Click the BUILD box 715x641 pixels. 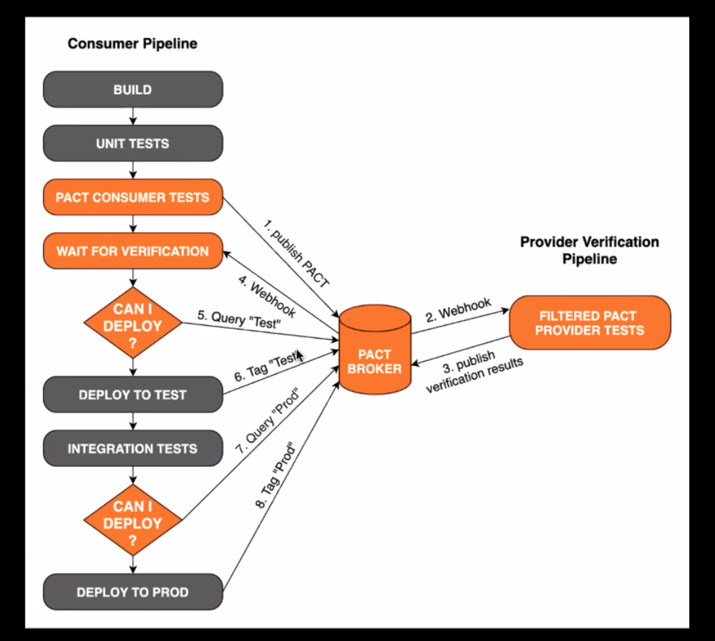point(132,90)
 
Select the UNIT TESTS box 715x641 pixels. point(132,143)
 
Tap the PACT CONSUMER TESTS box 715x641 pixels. point(132,197)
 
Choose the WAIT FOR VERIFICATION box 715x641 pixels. point(132,251)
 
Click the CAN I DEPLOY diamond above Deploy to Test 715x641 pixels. point(132,324)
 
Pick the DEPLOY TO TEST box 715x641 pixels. point(132,395)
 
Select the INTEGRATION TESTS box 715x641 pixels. point(132,448)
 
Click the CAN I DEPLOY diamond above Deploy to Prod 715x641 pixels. point(132,522)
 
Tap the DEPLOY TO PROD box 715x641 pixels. point(132,592)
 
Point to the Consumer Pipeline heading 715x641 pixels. point(132,44)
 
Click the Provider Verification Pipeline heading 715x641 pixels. point(589,250)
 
